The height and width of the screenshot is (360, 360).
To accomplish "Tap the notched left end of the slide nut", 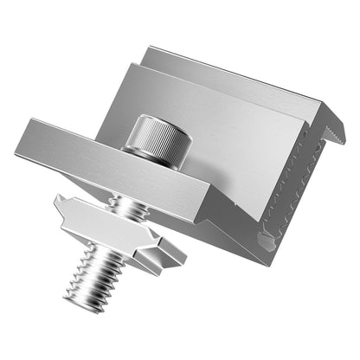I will pos(62,206).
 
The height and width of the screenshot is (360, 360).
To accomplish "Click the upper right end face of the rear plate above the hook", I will pos(333,111).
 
